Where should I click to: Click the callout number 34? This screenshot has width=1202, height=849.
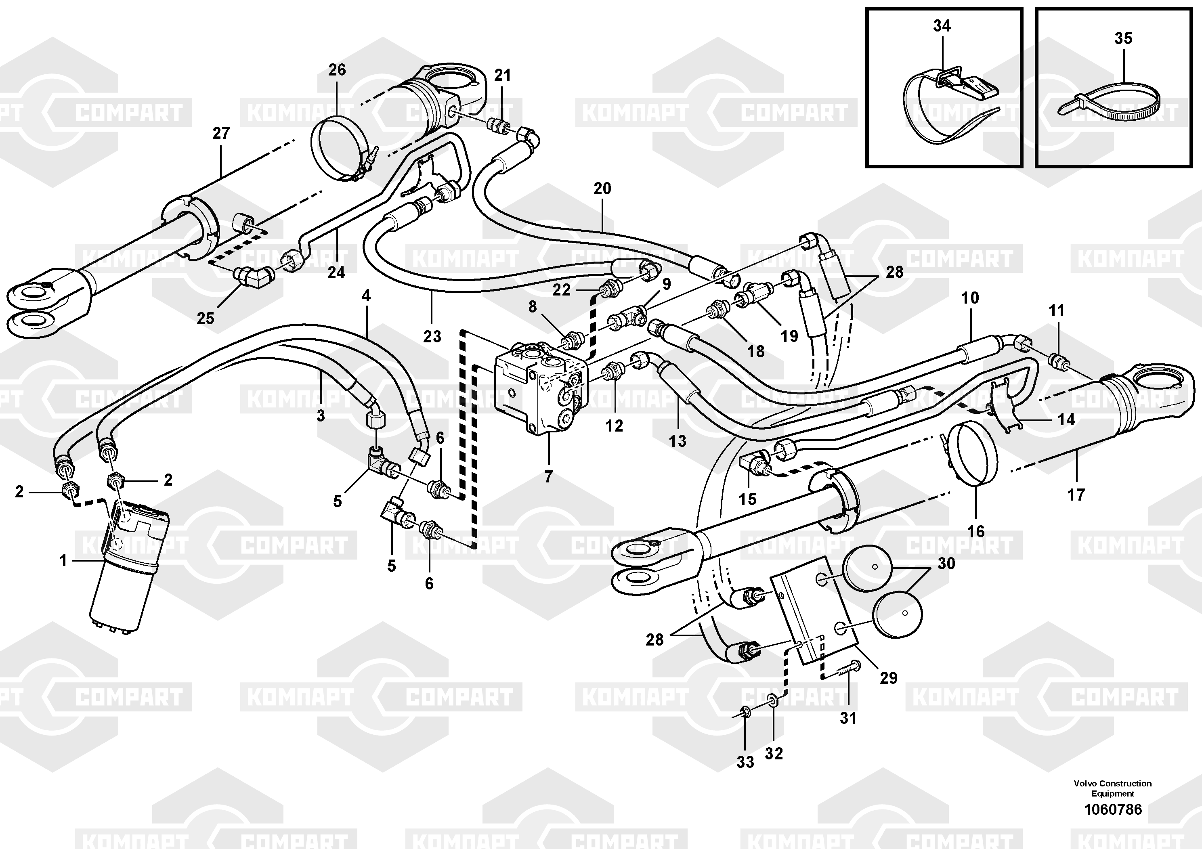pyautogui.click(x=942, y=26)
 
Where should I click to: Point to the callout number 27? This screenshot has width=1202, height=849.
pyautogui.click(x=221, y=134)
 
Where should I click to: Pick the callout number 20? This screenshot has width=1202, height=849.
pyautogui.click(x=602, y=189)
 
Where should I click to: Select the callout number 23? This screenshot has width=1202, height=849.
pyautogui.click(x=432, y=337)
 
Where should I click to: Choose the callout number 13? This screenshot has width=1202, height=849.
pyautogui.click(x=678, y=441)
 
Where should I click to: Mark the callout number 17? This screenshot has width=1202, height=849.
pyautogui.click(x=1076, y=495)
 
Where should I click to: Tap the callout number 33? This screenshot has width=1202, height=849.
pyautogui.click(x=745, y=762)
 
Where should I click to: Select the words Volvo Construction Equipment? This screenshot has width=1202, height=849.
pyautogui.click(x=1112, y=788)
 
